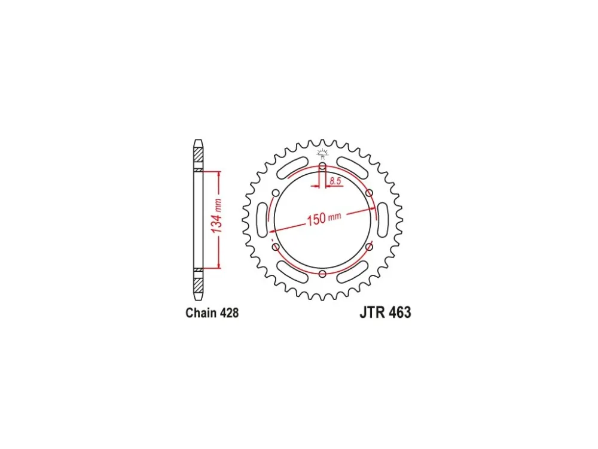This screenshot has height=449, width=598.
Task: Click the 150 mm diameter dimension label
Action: pos(324,219)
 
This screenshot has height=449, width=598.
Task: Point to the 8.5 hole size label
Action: pos(335,181)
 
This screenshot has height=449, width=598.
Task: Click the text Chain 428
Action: pos(212,313)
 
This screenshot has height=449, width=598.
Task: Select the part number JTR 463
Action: pos(385,313)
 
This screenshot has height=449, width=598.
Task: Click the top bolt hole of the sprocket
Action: pos(323,166)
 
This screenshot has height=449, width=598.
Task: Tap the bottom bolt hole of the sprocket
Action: pos(323,274)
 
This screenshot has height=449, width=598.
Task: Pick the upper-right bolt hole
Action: pos(369,193)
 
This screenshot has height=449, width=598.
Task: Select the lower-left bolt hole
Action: pos(276,247)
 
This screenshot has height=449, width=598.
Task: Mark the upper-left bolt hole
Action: pos(276,193)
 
